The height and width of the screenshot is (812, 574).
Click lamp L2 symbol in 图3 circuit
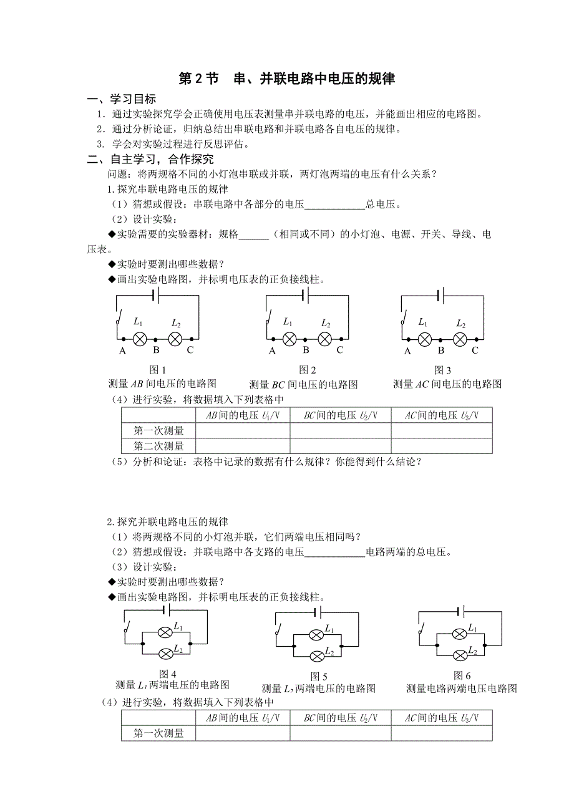pos(460,339)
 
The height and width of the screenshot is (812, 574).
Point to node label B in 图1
pos(157,350)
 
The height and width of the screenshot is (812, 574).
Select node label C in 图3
pos(475,350)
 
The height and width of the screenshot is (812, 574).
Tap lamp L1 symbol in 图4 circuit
pos(165,632)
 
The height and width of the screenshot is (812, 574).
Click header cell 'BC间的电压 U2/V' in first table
pos(340,415)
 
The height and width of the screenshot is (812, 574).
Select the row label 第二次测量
pos(159,446)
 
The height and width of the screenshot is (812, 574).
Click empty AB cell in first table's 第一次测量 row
pos(243,430)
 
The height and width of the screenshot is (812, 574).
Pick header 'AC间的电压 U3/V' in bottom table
pos(442,718)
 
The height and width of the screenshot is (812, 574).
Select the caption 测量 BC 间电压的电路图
pos(303,384)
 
